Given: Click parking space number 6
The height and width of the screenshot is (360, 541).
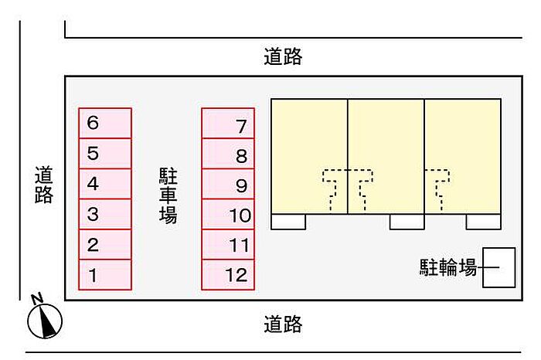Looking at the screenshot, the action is click(x=105, y=123).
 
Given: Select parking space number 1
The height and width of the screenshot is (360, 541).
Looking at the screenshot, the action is click(x=105, y=274).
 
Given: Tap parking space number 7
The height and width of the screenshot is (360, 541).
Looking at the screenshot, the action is click(x=228, y=123).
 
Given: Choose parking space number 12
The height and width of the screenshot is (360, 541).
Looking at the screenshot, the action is click(x=228, y=274).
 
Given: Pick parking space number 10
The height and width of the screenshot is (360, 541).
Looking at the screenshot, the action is click(x=228, y=214).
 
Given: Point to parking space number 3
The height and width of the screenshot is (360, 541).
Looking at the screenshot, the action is click(x=105, y=214).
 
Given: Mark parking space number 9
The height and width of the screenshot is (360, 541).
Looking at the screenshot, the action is click(x=228, y=184).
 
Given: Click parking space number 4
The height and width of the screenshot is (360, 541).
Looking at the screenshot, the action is click(x=105, y=184).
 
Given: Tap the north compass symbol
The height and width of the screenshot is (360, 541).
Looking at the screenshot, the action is click(x=45, y=319).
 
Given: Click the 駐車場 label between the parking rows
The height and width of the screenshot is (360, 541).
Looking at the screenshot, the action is click(x=168, y=195).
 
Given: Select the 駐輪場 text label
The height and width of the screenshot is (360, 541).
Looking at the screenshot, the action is click(x=448, y=267).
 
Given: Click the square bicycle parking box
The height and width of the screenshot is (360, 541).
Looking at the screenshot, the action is click(x=499, y=267).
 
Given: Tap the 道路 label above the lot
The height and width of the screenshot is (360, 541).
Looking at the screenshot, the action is click(x=283, y=56).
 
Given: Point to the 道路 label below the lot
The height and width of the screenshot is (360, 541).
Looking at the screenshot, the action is click(x=283, y=324).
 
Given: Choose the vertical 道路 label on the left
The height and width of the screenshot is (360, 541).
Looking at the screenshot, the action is click(x=44, y=185).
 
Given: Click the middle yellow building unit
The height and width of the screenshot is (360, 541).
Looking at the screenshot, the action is click(x=386, y=157).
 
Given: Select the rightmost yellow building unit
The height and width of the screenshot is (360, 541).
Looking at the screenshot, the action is click(x=463, y=157).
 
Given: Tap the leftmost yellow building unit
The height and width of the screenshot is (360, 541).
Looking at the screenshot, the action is click(x=309, y=157).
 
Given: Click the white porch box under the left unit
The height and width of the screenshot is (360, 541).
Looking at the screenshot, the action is click(x=288, y=222).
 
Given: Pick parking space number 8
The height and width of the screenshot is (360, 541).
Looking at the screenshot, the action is click(x=228, y=154).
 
